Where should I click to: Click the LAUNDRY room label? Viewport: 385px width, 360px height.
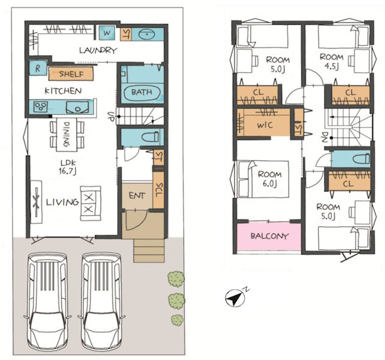click(x=97, y=50)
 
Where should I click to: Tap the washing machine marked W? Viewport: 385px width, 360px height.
click(x=107, y=33)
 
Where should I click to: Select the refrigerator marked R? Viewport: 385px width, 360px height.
click(x=38, y=68)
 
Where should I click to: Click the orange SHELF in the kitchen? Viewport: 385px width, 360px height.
click(x=71, y=74)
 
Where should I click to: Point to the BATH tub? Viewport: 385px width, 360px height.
click(x=142, y=93)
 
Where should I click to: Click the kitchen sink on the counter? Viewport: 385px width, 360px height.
click(x=78, y=107)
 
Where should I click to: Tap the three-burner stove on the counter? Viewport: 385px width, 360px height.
click(x=40, y=107)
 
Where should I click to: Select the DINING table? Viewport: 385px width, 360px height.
click(x=67, y=135)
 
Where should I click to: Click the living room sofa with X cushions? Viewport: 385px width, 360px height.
click(x=91, y=203)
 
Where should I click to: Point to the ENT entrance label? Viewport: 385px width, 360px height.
click(x=137, y=195)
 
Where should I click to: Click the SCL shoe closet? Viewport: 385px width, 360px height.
click(x=158, y=191)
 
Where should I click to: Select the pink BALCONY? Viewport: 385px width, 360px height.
click(x=269, y=236)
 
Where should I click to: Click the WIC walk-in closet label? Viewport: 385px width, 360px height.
click(x=265, y=125)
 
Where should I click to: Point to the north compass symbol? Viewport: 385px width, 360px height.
click(x=235, y=297)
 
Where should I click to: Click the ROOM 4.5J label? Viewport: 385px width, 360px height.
click(x=331, y=62)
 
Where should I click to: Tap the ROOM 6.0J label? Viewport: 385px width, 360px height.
click(x=269, y=178)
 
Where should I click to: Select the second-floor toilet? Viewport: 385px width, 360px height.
click(x=361, y=159)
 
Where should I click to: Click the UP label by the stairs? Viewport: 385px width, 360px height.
click(x=110, y=116)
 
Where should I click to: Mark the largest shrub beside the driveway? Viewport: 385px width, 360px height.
click(x=176, y=279)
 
